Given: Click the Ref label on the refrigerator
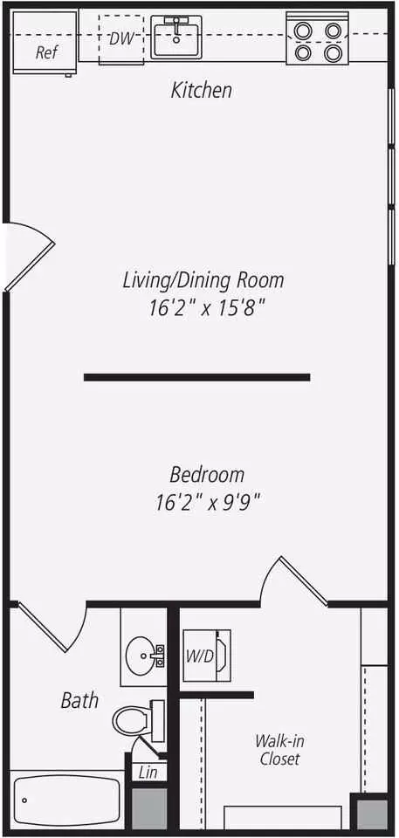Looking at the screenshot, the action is click(x=46, y=52).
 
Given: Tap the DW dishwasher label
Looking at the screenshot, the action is click(x=121, y=38).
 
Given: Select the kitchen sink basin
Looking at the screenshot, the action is click(x=176, y=37).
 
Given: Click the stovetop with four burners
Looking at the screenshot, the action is click(x=318, y=38).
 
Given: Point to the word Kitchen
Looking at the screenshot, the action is click(x=202, y=90).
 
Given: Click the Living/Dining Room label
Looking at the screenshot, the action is click(x=203, y=280).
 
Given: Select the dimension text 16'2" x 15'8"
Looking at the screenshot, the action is click(x=207, y=309).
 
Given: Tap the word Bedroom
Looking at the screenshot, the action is click(x=207, y=475).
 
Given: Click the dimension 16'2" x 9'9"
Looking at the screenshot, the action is click(x=208, y=503).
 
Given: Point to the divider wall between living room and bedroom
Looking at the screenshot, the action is click(x=196, y=377).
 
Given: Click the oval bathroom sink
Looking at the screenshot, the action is click(x=142, y=653).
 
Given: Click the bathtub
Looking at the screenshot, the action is click(x=67, y=800).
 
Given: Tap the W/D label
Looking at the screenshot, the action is click(x=199, y=656).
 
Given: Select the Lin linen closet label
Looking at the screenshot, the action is click(x=148, y=772).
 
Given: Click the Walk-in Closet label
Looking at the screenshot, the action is click(x=279, y=749).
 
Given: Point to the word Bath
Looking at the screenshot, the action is click(x=79, y=700).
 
